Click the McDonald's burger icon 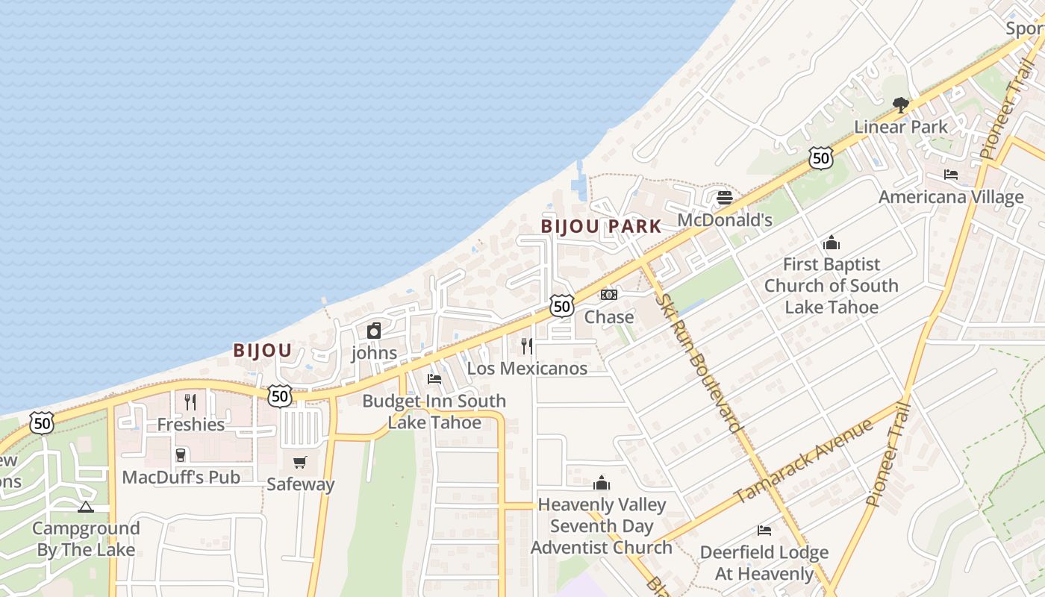(724, 198)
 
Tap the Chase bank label (609, 317)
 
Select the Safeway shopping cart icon (300, 462)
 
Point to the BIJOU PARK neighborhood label (601, 226)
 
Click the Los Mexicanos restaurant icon (527, 346)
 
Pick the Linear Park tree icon (900, 104)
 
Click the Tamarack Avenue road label (803, 461)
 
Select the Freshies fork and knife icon (190, 402)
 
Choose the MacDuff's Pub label (181, 477)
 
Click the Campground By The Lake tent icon (86, 507)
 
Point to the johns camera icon (374, 331)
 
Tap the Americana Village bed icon (951, 175)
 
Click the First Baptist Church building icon (832, 243)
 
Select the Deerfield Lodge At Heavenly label (764, 563)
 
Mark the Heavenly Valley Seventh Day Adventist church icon (602, 483)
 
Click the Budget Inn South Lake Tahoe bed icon (434, 379)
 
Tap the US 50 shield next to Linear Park (820, 157)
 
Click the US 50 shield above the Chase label (562, 305)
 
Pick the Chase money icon (609, 295)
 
